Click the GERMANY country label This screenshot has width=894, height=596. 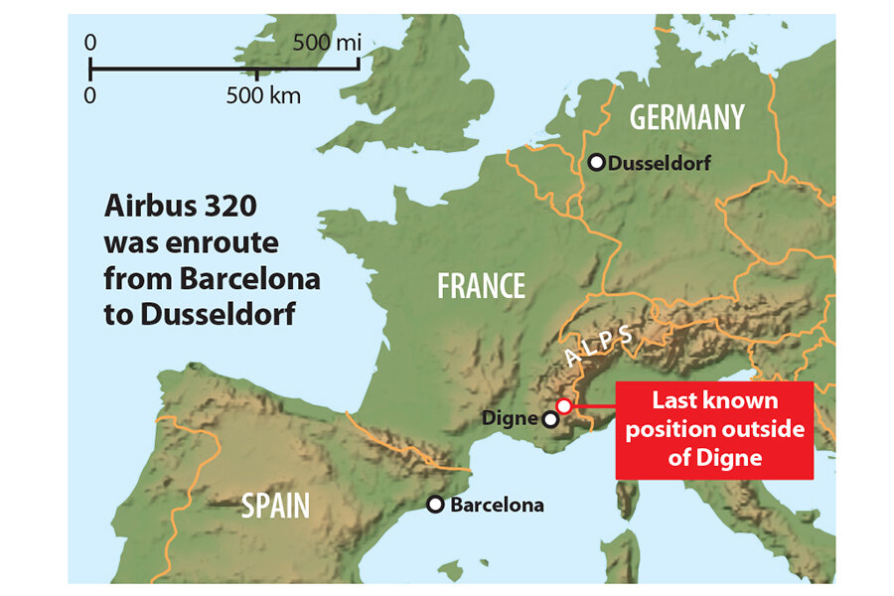686,117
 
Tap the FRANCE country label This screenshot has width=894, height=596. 482,287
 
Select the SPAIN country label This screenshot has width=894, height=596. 275,506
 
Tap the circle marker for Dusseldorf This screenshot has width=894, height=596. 597,162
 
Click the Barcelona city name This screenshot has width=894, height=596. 497,505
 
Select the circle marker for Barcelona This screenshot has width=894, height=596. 435,505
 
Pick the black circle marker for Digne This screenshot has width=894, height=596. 550,419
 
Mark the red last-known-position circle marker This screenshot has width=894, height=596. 564,405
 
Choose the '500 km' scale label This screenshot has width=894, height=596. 262,96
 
